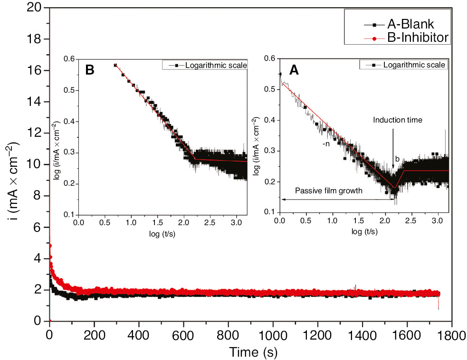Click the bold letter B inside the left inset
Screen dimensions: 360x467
pyautogui.click(x=90, y=70)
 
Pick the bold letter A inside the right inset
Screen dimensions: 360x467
pyautogui.click(x=295, y=70)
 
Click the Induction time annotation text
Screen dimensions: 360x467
pyautogui.click(x=398, y=120)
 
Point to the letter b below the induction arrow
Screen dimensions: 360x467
pyautogui.click(x=397, y=159)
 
